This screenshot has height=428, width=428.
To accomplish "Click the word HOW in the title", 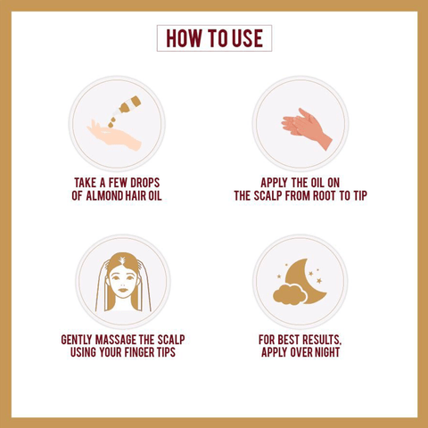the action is tap(184, 38).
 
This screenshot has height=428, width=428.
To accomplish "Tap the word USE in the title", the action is tap(247, 38).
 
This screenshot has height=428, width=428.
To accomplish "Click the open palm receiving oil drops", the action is tap(114, 136).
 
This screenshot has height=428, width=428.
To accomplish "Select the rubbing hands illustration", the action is tap(307, 128).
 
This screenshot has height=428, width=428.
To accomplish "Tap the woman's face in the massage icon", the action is tap(122, 282).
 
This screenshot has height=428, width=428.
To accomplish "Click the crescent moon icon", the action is tap(305, 281).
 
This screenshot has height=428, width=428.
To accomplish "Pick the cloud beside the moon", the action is tap(289, 294).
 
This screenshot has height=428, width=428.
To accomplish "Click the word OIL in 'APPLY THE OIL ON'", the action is tap(315, 183).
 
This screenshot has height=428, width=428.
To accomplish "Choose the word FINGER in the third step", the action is tap(139, 352).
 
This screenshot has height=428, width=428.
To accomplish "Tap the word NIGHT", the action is tap(327, 352).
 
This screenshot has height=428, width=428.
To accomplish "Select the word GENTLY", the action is tap(77, 340).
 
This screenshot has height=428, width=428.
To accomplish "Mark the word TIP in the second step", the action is tap(360, 196).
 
